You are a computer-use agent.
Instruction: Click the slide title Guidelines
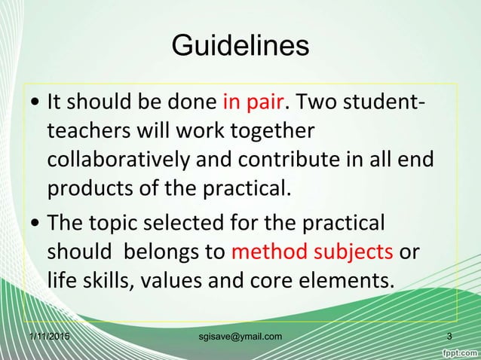point(240,46)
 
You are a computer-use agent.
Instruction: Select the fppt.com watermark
point(459,351)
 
